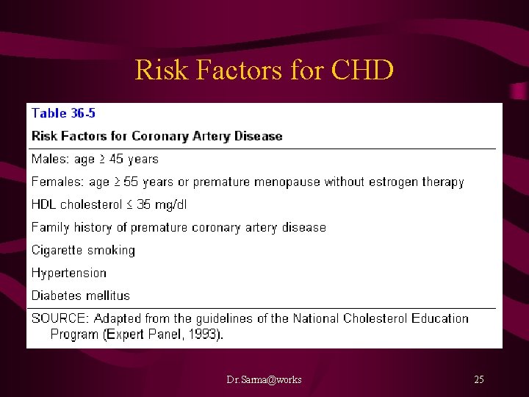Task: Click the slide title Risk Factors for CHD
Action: point(264,71)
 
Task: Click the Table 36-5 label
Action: point(63,113)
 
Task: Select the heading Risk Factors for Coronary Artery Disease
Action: point(156,136)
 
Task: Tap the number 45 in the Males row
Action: point(118,159)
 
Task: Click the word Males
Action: point(50,159)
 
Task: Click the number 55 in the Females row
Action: point(131,182)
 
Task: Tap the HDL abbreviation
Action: point(44,204)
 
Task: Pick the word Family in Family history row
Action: point(50,227)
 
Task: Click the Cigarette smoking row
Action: point(83,250)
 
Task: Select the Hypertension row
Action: point(69,273)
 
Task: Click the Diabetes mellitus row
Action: point(81,296)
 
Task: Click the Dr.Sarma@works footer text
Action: point(264,379)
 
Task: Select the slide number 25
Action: point(478,379)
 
